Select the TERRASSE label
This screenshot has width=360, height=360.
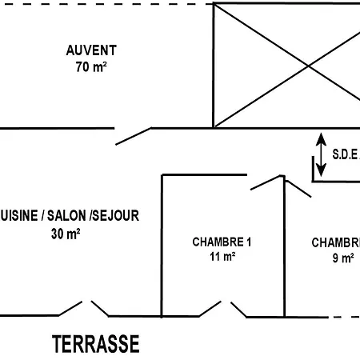(x=96, y=345)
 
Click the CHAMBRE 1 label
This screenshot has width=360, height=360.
(x=222, y=242)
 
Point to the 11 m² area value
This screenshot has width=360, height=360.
(x=222, y=257)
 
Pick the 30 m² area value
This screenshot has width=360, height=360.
(x=66, y=234)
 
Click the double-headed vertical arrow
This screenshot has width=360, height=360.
(x=321, y=154)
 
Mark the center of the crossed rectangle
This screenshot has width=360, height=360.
(x=286, y=66)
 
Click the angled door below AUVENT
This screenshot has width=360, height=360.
(x=134, y=135)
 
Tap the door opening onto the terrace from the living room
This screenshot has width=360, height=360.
(x=83, y=308)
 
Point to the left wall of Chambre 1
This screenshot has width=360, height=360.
(x=162, y=244)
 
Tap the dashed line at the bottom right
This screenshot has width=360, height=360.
(x=346, y=317)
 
